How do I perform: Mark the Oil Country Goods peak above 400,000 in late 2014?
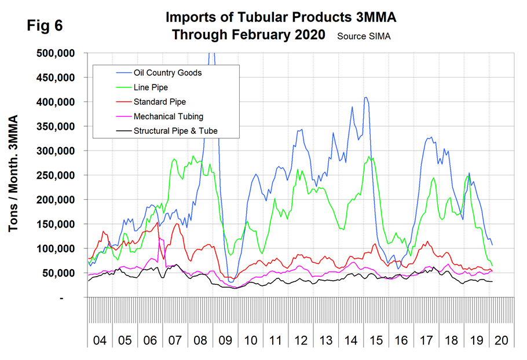pyautogui.click(x=365, y=98)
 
